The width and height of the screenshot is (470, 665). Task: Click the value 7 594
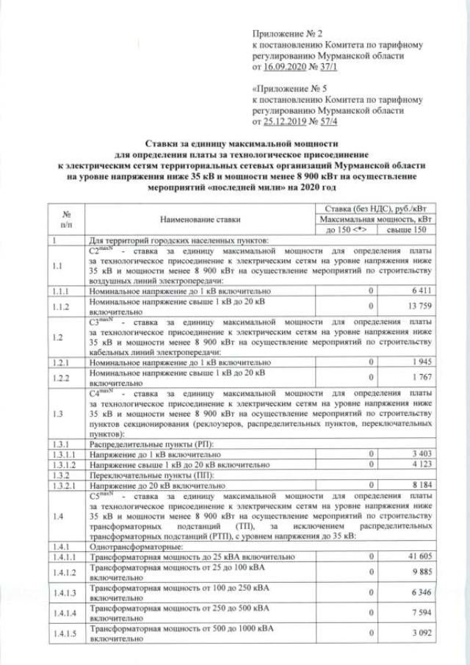[421, 617]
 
